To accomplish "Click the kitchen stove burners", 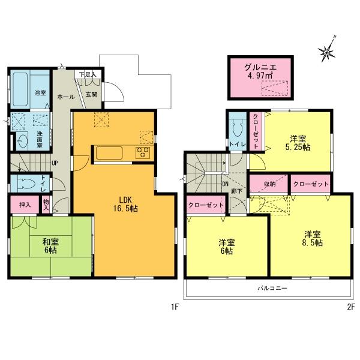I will pyautogui.click(x=145, y=152).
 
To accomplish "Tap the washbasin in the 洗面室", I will pyautogui.click(x=23, y=142).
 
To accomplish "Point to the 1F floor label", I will pyautogui.click(x=175, y=308).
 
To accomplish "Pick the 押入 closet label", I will pyautogui.click(x=25, y=205).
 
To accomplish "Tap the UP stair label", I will pyautogui.click(x=55, y=163).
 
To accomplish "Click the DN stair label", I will pyautogui.click(x=225, y=185).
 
